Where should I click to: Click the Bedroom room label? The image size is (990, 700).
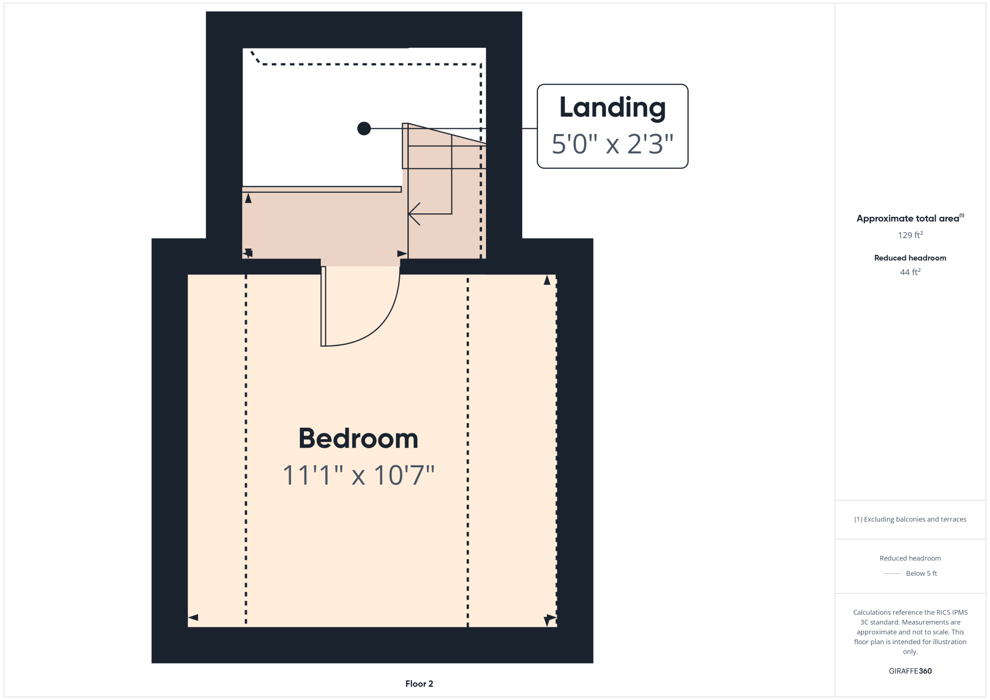[x=358, y=439]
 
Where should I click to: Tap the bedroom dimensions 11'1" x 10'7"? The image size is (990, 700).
[x=358, y=475]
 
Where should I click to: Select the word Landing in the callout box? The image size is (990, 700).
[x=612, y=108]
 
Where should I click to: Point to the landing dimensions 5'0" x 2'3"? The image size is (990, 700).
[x=612, y=144]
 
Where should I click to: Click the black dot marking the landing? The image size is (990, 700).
[x=364, y=129]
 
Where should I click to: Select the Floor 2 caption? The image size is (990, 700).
[x=419, y=684]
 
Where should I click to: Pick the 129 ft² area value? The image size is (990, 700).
[x=910, y=235]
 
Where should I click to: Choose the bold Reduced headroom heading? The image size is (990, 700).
[x=910, y=258]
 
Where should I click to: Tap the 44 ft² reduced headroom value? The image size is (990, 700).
[x=910, y=272]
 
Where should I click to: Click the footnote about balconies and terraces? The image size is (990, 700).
[x=910, y=519]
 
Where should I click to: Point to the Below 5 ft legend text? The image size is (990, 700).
[x=921, y=573]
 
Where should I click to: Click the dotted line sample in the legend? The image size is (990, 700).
[x=892, y=574]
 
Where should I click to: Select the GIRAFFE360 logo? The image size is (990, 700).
[x=910, y=671]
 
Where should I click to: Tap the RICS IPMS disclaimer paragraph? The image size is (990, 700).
[x=910, y=632]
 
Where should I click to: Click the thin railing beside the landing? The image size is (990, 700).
[x=322, y=189]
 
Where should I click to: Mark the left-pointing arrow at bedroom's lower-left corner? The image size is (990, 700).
[x=193, y=617]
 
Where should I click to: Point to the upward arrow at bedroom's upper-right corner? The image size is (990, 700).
[x=547, y=280]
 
